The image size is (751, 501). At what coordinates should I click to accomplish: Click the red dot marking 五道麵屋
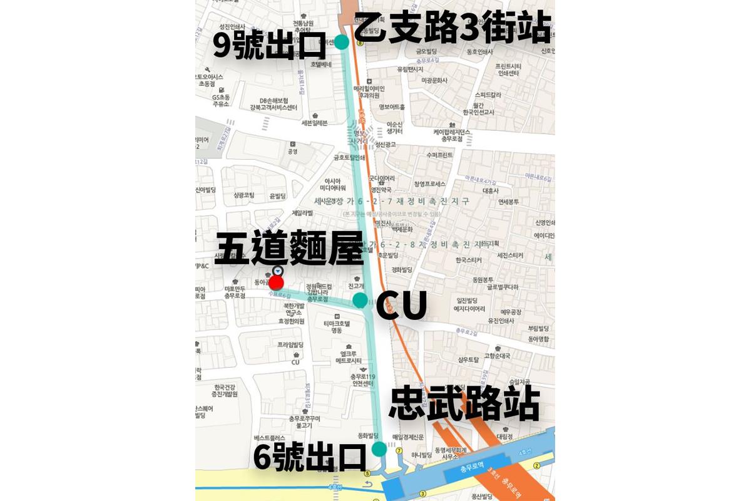(276, 282)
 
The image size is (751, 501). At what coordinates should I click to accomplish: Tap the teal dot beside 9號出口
(342, 43)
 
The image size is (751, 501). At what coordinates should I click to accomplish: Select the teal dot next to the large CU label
(360, 300)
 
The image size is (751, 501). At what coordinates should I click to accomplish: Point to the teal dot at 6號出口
(379, 449)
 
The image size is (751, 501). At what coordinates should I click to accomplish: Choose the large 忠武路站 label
(464, 404)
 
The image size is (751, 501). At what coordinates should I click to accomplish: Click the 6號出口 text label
(309, 458)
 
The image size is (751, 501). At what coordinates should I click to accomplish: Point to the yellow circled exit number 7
(399, 450)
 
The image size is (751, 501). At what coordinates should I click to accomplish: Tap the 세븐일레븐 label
(314, 123)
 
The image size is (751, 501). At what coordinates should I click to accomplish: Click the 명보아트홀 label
(392, 108)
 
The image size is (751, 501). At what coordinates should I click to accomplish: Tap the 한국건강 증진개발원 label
(225, 391)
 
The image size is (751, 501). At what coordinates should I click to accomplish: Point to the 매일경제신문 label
(408, 437)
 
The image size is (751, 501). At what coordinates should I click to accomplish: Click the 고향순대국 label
(498, 356)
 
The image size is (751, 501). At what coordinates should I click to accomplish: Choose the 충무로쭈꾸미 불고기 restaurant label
(305, 421)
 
